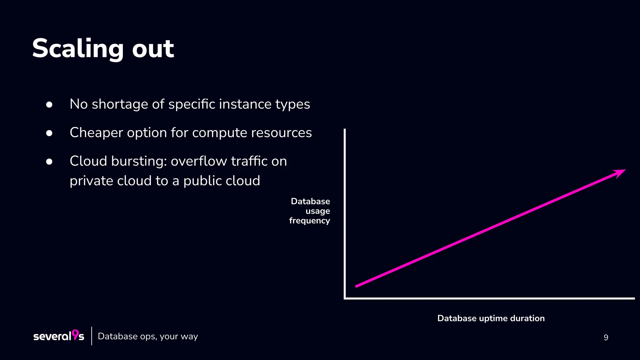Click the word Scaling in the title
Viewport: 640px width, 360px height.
click(x=77, y=49)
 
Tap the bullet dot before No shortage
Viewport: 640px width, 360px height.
click(x=49, y=104)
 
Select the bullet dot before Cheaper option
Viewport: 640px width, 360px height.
click(x=49, y=133)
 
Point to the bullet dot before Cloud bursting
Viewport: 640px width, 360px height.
click(x=49, y=162)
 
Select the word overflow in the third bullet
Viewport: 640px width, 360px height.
click(x=198, y=162)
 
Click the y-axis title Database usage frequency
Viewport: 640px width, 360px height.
click(x=310, y=211)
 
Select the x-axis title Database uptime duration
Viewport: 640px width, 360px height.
click(x=491, y=318)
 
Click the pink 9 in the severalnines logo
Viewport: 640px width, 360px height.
click(x=75, y=334)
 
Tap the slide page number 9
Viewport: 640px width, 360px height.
click(x=606, y=337)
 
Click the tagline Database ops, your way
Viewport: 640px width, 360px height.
click(x=148, y=337)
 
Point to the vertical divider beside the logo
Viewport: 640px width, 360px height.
click(x=92, y=336)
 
